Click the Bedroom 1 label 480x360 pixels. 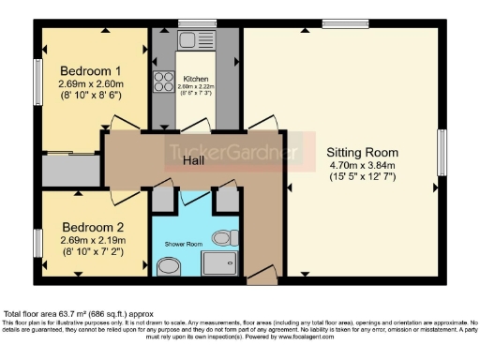[x=91, y=70]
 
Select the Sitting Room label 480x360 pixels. [x=362, y=152]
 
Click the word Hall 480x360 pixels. [x=196, y=160]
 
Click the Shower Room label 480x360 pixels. [x=184, y=243]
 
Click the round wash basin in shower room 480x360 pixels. [x=169, y=268]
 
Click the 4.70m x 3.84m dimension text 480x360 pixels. [x=362, y=166]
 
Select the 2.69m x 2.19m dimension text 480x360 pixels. [x=92, y=240]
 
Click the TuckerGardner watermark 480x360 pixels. [x=234, y=152]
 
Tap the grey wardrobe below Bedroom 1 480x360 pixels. [x=72, y=170]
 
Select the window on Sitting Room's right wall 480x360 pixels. [x=442, y=151]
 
